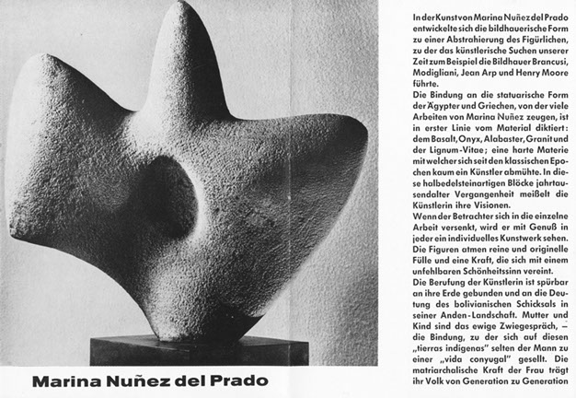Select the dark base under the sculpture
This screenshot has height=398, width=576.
coord(184,351)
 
